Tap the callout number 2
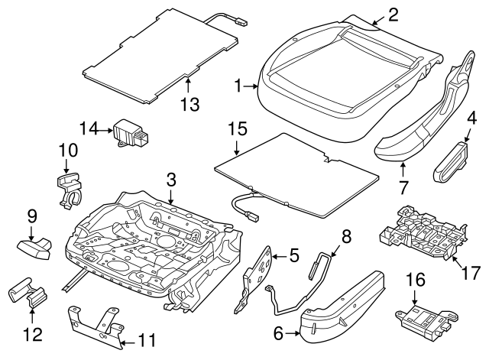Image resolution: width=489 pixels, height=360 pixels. (x=393, y=12)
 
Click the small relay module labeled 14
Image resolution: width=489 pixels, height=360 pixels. (x=131, y=133)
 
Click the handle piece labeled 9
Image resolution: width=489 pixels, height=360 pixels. (x=34, y=248)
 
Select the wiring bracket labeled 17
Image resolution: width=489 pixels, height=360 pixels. (x=420, y=233)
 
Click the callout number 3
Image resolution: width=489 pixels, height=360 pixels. (x=172, y=180)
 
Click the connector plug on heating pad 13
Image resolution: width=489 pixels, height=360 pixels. (x=241, y=22)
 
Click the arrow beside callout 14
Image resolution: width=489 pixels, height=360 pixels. (x=106, y=130)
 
